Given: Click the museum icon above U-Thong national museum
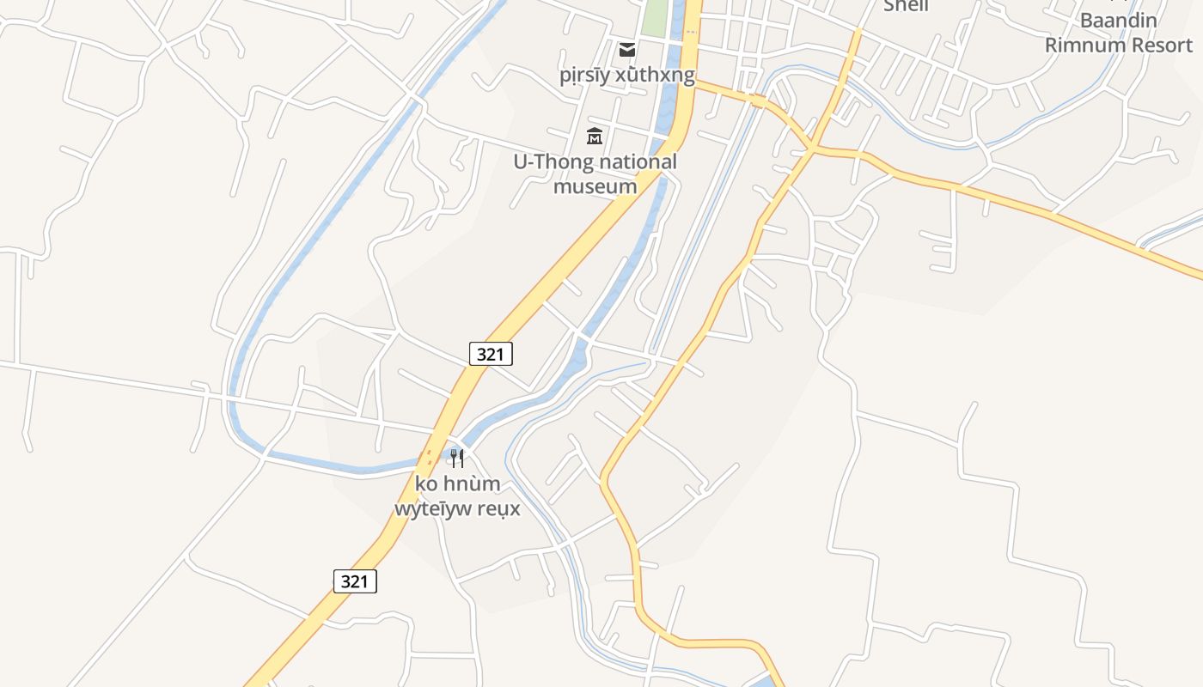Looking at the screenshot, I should point(594,136).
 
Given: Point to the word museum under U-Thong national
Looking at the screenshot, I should point(595,186).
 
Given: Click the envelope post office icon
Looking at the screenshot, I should point(627,49).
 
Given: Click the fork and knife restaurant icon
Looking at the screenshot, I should point(457,458).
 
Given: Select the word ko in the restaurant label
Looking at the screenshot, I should point(425,483).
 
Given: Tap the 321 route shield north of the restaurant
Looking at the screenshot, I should point(491,353).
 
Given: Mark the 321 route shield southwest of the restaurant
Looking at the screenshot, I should point(355,581).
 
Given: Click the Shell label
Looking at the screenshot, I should point(906,5).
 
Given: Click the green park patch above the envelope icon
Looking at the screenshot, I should point(655,17).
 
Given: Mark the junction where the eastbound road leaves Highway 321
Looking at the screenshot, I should point(695,84).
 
